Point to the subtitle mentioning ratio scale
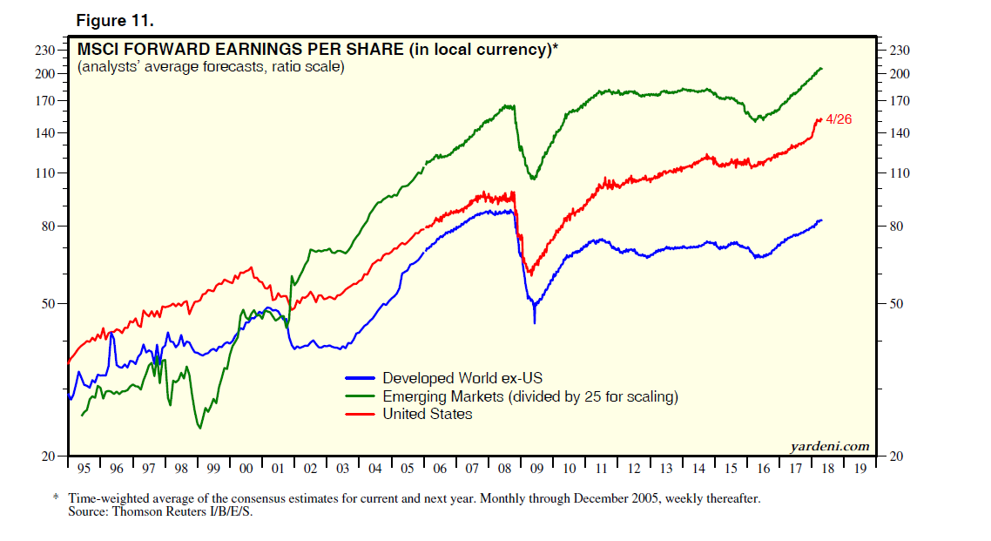click(x=211, y=67)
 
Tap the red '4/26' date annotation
click(x=838, y=119)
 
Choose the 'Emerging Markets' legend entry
click(x=529, y=396)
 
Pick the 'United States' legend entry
click(x=428, y=414)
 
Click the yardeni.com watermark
click(x=829, y=447)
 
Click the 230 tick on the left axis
click(x=44, y=51)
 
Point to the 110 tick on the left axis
click(x=44, y=173)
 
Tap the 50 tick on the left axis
click(x=48, y=304)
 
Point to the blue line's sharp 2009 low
click(x=535, y=322)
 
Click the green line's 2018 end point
click(x=822, y=68)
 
